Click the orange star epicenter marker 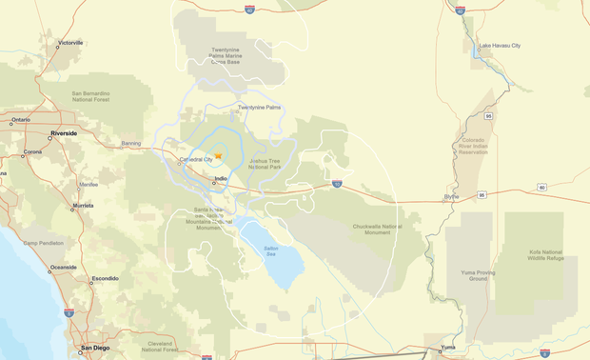pyautogui.click(x=218, y=155)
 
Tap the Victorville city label pyautogui.click(x=70, y=43)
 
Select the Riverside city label pyautogui.click(x=64, y=133)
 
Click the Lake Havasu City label pyautogui.click(x=500, y=46)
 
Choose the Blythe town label pyautogui.click(x=451, y=196)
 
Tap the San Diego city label pyautogui.click(x=94, y=348)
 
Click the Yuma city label pyautogui.click(x=447, y=348)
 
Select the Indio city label pyautogui.click(x=221, y=178)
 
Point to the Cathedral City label pyautogui.click(x=196, y=159)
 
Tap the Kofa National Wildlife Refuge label pyautogui.click(x=547, y=255)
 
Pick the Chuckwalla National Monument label pyautogui.click(x=378, y=229)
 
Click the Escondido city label pyautogui.click(x=105, y=279)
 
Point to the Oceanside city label pyautogui.click(x=64, y=267)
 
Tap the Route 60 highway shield pyautogui.click(x=541, y=188)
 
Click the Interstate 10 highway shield pyautogui.click(x=337, y=184)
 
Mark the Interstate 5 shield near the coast pyautogui.click(x=69, y=312)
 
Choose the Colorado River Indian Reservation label pyautogui.click(x=473, y=146)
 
